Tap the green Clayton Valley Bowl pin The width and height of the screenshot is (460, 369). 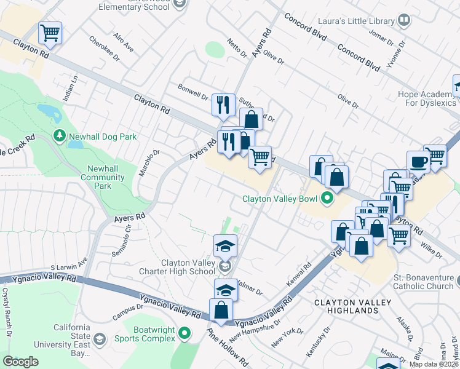(x=327, y=198)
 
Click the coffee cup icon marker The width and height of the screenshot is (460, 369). (x=418, y=162)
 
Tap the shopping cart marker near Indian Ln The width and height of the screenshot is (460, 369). (x=50, y=33)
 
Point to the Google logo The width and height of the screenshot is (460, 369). (x=21, y=362)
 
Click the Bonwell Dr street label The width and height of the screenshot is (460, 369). (x=192, y=91)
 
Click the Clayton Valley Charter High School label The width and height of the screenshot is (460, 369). (x=188, y=267)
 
